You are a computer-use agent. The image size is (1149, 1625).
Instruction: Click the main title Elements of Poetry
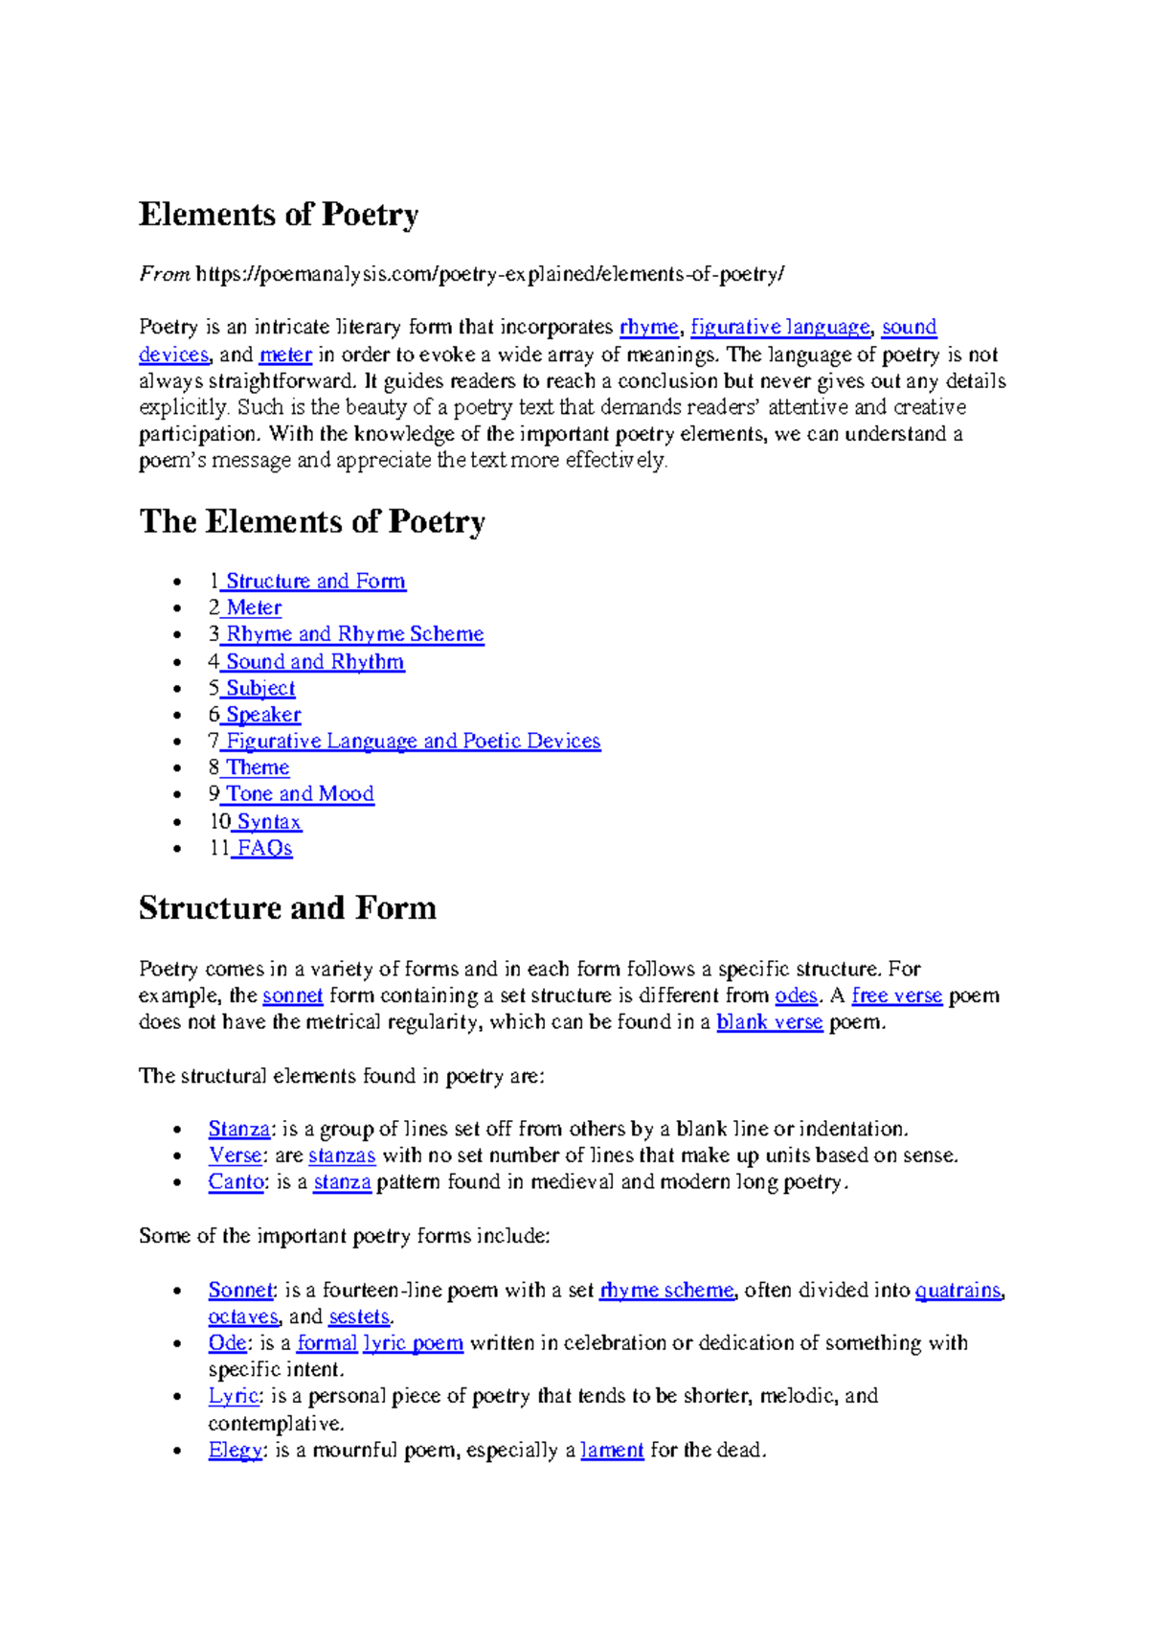point(279,215)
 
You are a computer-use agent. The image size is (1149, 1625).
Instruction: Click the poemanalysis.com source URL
point(489,274)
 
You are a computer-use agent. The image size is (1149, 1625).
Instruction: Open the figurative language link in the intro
point(780,327)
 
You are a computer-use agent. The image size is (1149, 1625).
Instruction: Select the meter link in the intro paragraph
point(285,355)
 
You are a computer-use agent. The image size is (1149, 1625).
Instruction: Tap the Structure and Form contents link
point(315,582)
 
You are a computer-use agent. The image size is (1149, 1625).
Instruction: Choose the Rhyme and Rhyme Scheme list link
point(354,634)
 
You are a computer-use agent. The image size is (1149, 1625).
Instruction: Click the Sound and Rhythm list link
point(314,662)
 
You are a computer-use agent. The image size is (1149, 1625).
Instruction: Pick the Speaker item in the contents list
point(262,715)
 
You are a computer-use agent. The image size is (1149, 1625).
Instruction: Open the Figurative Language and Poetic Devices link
point(413,742)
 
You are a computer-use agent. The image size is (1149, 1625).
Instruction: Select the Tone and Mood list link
point(299,794)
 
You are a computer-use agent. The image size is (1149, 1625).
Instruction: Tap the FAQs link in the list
point(264,849)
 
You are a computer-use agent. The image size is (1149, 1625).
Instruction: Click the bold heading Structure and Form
point(287,908)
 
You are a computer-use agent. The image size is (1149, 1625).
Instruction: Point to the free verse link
point(897,996)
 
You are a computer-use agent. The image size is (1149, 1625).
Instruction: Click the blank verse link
point(770,1022)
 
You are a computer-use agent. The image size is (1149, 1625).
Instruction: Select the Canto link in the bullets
point(236,1182)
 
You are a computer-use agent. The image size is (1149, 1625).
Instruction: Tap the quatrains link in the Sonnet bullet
point(957,1291)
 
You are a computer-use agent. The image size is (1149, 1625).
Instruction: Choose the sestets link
point(359,1317)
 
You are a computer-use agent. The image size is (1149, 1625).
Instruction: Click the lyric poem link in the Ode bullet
point(413,1343)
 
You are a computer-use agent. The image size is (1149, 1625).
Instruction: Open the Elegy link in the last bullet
point(235,1451)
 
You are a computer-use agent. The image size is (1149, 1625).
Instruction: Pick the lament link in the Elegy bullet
point(612,1451)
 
